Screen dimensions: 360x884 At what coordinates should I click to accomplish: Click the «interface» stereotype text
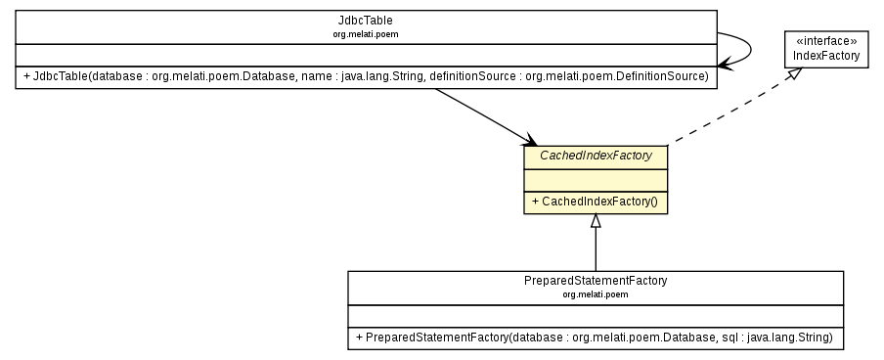pyautogui.click(x=825, y=41)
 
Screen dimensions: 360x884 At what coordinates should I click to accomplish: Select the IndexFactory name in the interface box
pyautogui.click(x=825, y=56)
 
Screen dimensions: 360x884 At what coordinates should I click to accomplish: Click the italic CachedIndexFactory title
pyautogui.click(x=596, y=156)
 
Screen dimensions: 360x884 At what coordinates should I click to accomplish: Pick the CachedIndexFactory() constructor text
pyautogui.click(x=596, y=202)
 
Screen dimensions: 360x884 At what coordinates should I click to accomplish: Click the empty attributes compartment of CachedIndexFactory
pyautogui.click(x=596, y=179)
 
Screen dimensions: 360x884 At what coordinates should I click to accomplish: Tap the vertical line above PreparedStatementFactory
pyautogui.click(x=596, y=250)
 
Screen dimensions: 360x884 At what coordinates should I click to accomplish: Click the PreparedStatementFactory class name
pyautogui.click(x=596, y=280)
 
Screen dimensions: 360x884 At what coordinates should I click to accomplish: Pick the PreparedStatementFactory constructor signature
pyautogui.click(x=596, y=337)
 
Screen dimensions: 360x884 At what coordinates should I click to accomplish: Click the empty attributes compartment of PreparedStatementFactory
pyautogui.click(x=596, y=315)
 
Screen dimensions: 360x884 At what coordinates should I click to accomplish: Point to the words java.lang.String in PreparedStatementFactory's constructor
pyautogui.click(x=794, y=337)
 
